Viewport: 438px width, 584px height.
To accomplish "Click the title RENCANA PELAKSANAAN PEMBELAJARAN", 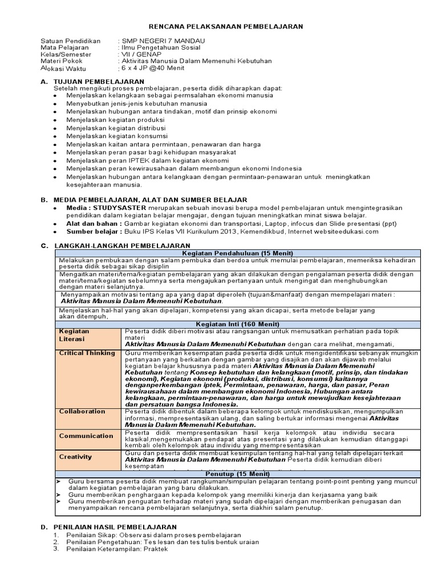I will pyautogui.click(x=226, y=26).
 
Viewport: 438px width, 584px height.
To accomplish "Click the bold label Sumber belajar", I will pyautogui.click(x=92, y=232).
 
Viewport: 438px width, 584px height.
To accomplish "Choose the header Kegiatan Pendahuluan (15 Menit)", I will pyautogui.click(x=237, y=253).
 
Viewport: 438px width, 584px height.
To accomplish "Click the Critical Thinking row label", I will pyautogui.click(x=87, y=353).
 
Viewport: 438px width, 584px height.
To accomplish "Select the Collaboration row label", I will pyautogui.click(x=82, y=411).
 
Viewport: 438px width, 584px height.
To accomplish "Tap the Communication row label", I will pyautogui.click(x=86, y=436).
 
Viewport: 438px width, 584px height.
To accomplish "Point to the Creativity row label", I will pyautogui.click(x=76, y=456).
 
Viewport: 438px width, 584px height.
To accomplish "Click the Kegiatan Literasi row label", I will pyautogui.click(x=74, y=335).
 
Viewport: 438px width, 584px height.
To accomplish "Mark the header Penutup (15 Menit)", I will pyautogui.click(x=237, y=473).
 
